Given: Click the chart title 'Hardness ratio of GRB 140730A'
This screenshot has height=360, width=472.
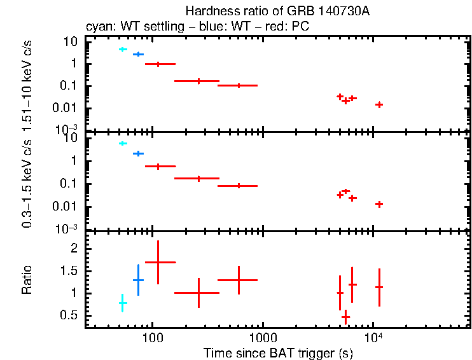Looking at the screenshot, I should [278, 11].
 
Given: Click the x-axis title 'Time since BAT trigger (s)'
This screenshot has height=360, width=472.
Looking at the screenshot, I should [278, 352].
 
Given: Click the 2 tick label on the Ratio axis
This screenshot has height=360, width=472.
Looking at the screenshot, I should [74, 249].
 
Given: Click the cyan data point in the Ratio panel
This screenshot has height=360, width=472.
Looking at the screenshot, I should [123, 303].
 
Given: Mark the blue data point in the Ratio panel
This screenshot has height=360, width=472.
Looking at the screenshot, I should [138, 280].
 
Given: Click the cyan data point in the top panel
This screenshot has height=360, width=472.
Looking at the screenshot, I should [123, 49].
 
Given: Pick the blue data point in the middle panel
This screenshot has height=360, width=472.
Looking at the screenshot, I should [138, 153].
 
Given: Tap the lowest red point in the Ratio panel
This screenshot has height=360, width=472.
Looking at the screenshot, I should [345, 315].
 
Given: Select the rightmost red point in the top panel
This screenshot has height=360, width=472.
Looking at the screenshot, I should [379, 104].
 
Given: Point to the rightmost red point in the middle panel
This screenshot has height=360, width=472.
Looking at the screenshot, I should [379, 204].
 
